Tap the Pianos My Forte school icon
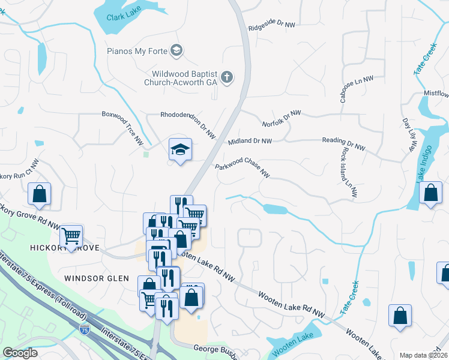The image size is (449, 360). tap(176, 50)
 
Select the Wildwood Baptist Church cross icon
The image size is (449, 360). tap(227, 77)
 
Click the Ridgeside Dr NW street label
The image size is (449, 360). tap(272, 25)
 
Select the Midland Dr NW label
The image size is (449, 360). tap(250, 142)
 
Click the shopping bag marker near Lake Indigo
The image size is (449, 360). tap(431, 194)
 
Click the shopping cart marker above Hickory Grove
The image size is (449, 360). tap(71, 236)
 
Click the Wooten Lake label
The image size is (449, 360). tap(286, 347)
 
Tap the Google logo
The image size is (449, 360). tap(20, 353)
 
